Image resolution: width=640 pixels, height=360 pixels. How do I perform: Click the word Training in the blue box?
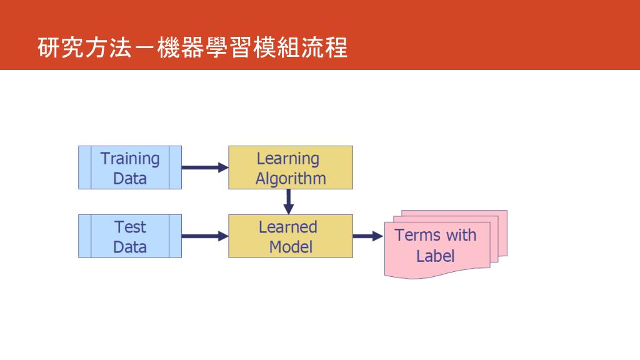coord(130,159)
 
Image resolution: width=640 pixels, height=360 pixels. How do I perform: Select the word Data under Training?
coord(130,179)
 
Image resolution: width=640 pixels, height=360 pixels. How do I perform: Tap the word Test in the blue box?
coord(130,227)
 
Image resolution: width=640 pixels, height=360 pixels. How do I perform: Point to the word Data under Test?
coord(130,247)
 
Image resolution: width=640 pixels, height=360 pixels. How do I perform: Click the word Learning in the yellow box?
coord(287,159)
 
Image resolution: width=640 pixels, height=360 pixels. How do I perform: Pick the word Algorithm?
coord(291,179)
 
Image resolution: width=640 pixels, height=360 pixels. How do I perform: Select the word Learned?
coord(288,227)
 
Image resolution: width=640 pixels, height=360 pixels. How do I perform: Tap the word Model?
coord(291,247)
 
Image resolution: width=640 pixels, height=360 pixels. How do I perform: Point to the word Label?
coord(436,256)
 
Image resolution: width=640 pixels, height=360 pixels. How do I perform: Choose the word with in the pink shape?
coord(461,236)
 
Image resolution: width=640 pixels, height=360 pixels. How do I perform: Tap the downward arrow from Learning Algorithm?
coord(289,201)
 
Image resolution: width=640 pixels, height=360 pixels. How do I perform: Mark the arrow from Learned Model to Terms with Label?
coord(367,236)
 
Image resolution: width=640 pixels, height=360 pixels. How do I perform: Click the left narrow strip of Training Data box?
coord(85,167)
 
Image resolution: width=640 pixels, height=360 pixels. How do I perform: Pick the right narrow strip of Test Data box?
coord(175,236)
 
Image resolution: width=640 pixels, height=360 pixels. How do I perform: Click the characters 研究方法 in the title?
coord(84,48)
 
